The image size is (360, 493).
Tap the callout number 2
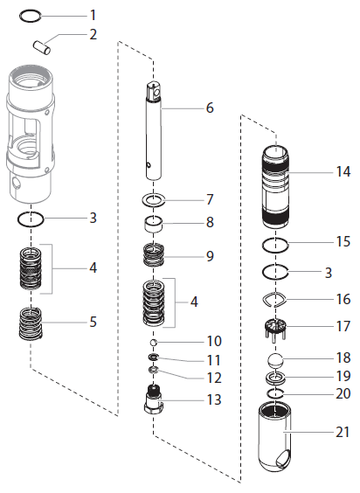[93, 35]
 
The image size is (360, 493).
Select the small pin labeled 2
[42, 44]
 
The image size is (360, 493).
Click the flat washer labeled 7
[154, 198]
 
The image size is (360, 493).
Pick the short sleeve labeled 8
[154, 223]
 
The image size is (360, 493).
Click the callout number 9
[210, 256]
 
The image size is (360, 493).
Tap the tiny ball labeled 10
[154, 342]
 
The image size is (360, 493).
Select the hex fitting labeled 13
[154, 406]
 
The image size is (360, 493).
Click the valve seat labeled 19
[275, 378]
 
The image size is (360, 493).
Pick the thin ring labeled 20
[275, 394]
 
